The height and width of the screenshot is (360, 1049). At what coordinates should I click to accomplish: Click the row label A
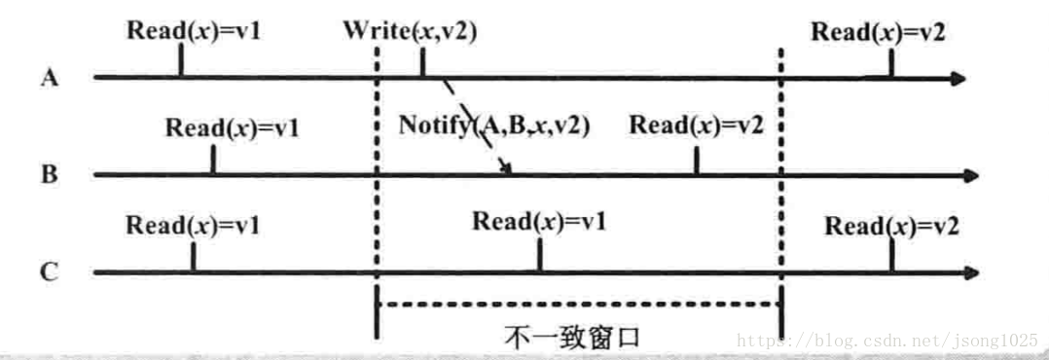(50, 79)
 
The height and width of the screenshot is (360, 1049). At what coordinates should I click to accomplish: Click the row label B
(50, 176)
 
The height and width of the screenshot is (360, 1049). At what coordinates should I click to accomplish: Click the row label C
(50, 273)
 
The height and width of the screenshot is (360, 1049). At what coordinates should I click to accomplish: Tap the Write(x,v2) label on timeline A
(410, 30)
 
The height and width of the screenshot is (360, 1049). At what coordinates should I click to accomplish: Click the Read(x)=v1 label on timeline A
(195, 30)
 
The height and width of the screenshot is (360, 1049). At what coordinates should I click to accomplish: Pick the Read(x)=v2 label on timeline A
(879, 30)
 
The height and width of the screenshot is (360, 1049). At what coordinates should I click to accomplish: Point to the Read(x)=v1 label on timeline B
(233, 127)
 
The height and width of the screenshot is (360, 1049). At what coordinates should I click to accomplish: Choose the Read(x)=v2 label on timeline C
(892, 226)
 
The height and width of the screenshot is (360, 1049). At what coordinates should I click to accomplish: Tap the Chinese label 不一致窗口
(573, 338)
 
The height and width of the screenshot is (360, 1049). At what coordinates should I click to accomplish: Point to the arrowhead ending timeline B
(968, 176)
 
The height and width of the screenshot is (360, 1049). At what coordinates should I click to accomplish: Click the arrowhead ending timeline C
(968, 273)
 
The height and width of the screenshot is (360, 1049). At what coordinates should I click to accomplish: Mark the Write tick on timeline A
(422, 62)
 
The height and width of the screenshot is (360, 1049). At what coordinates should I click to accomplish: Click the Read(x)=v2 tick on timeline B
(696, 162)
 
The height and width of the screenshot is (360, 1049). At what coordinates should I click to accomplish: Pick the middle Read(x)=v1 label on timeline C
(539, 221)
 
